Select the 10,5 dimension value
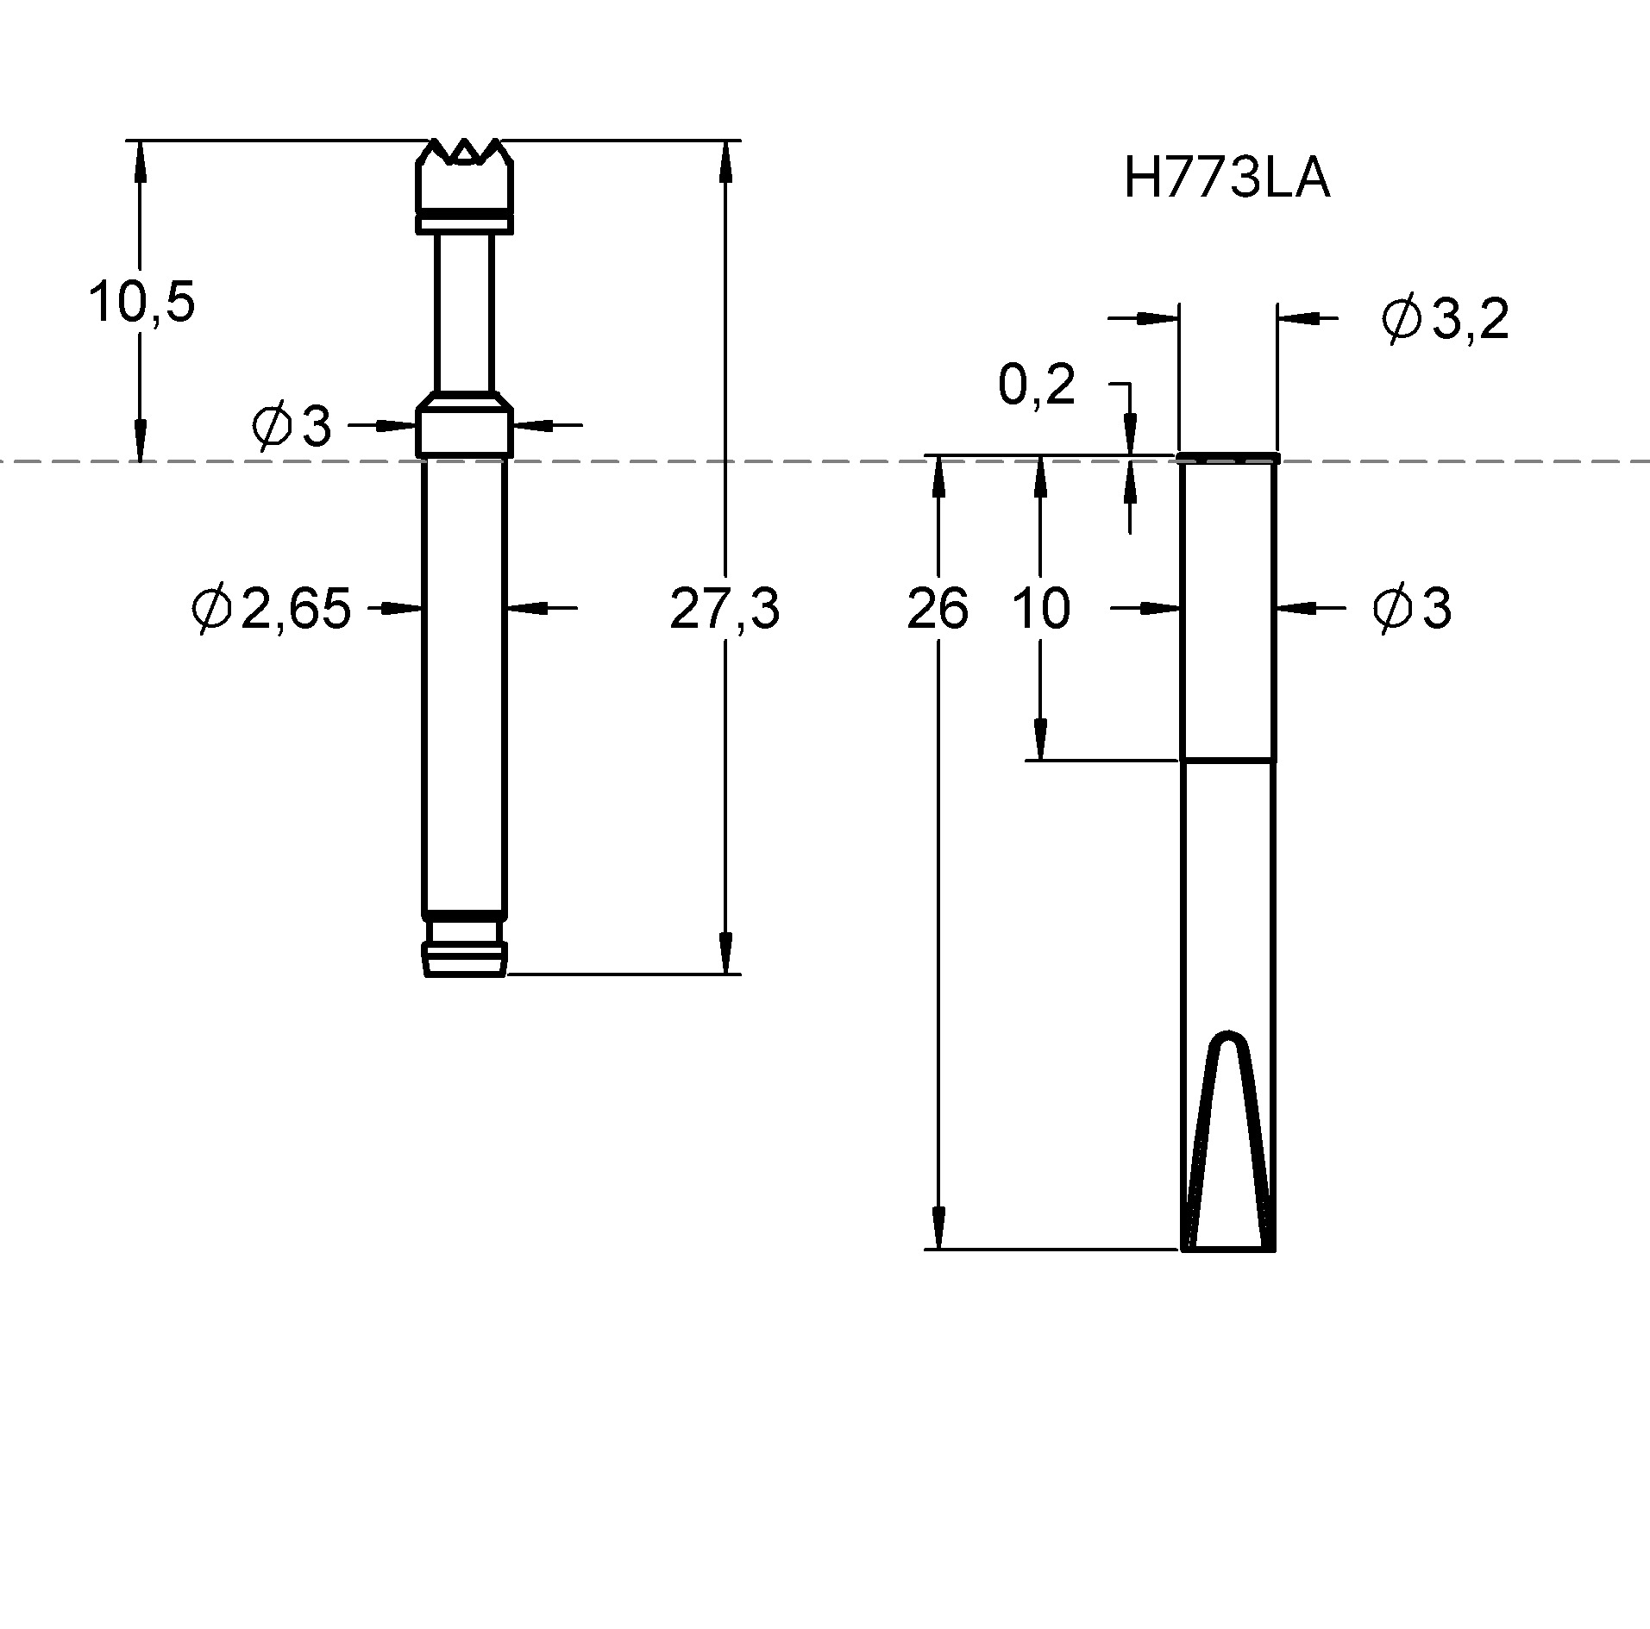pos(142,302)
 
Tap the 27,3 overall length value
pos(725,608)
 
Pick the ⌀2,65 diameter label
pos(272,608)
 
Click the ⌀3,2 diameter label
pos(1445,320)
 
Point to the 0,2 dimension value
pos(1036,385)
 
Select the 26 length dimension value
pos(938,608)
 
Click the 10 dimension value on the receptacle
pos(1040,608)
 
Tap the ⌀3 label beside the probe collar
pos(292,426)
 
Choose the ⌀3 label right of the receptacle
pos(1412,608)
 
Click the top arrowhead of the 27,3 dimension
pos(725,160)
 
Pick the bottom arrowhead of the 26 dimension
pos(938,1228)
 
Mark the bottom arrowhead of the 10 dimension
pos(1041,740)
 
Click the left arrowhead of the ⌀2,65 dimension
pos(402,608)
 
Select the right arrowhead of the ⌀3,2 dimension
pos(1299,318)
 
